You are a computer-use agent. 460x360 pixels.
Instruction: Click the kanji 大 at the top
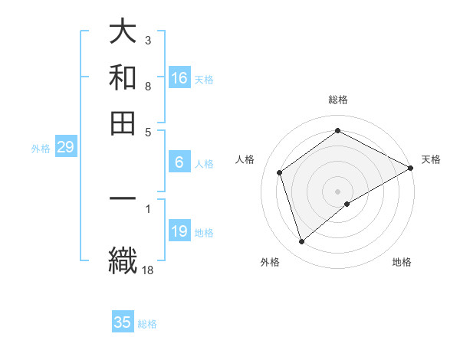pyautogui.click(x=123, y=33)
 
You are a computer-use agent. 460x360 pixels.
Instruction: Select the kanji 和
pyautogui.click(x=123, y=77)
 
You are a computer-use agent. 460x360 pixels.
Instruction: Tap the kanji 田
pyautogui.click(x=123, y=122)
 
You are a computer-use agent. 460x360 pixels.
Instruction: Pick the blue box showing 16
pyautogui.click(x=179, y=78)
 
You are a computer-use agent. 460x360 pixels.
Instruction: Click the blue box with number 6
pyautogui.click(x=179, y=162)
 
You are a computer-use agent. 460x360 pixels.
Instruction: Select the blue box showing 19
pyautogui.click(x=179, y=231)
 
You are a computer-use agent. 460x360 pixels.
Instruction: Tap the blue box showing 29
pyautogui.click(x=65, y=148)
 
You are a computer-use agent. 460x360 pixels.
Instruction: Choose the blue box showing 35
pyautogui.click(x=123, y=322)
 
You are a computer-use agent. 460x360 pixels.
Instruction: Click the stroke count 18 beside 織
pyautogui.click(x=149, y=269)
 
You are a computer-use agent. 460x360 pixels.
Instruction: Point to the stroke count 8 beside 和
pyautogui.click(x=147, y=87)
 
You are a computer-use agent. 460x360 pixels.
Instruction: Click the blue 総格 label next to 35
pyautogui.click(x=147, y=324)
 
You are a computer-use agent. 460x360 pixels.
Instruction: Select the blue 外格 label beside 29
pyautogui.click(x=40, y=149)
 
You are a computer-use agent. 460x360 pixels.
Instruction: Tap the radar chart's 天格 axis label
pyautogui.click(x=431, y=159)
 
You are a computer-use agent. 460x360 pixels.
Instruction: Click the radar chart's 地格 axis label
pyautogui.click(x=402, y=262)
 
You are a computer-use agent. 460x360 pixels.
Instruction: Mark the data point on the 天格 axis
pyautogui.click(x=411, y=169)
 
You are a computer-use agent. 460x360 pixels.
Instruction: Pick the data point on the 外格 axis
pyautogui.click(x=301, y=242)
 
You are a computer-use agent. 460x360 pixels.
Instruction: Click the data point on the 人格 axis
pyautogui.click(x=280, y=172)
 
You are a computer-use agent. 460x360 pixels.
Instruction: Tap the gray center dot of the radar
pyautogui.click(x=338, y=191)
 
